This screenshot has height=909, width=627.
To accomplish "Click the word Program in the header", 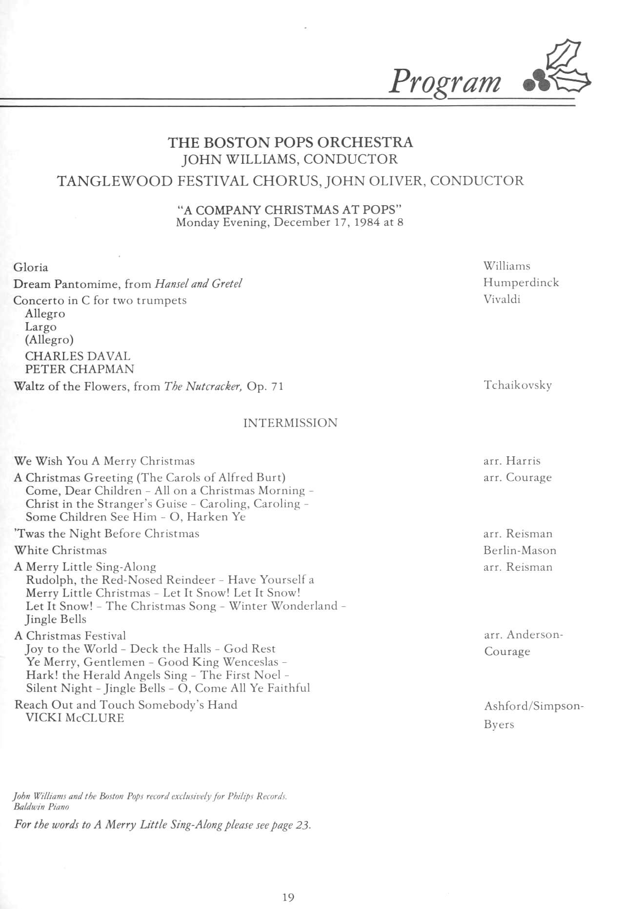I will (445, 81).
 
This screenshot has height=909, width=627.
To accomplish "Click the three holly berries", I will (536, 84).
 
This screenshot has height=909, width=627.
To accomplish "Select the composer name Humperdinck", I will (521, 283).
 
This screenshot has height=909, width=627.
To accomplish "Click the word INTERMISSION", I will (290, 423).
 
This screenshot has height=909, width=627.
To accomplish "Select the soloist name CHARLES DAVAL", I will (78, 356).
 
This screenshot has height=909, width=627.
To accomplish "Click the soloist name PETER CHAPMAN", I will (80, 369).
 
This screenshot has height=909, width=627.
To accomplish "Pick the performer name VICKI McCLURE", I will (75, 717).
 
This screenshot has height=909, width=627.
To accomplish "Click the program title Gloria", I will (31, 267).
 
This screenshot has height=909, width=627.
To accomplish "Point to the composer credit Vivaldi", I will (502, 299).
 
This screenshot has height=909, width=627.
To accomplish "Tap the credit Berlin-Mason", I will (520, 550).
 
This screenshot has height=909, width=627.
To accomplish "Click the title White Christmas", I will (61, 550).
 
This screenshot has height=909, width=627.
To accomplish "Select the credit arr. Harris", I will (511, 461).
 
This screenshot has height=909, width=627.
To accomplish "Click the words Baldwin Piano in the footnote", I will (41, 807).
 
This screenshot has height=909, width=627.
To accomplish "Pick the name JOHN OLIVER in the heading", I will (375, 181).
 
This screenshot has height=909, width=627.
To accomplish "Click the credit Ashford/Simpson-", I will (533, 706).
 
